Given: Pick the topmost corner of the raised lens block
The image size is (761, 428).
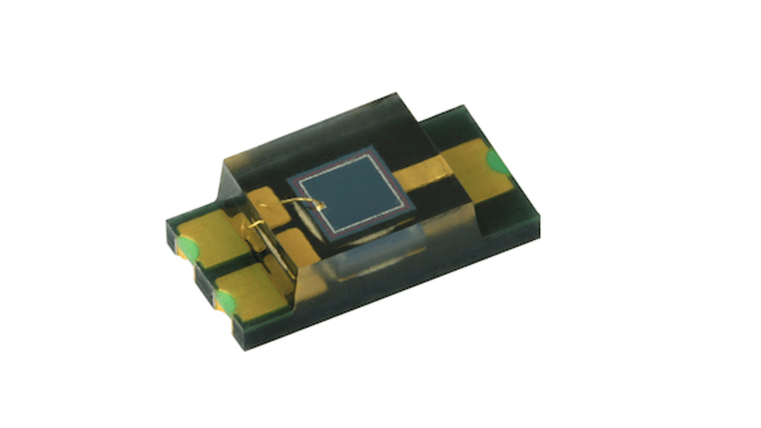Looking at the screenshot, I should point(396,94).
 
